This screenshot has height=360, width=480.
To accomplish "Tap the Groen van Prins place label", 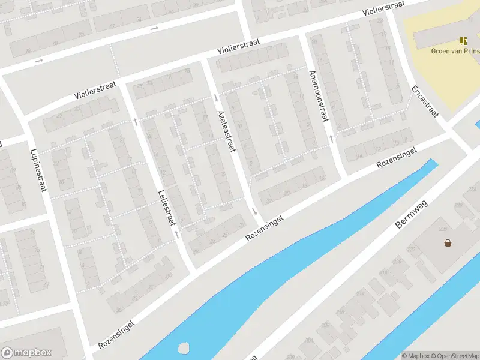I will pyautogui.click(x=455, y=51).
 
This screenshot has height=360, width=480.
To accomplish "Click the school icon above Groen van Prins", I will pyautogui.click(x=463, y=41).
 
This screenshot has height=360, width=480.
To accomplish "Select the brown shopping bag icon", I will pyautogui.click(x=448, y=243).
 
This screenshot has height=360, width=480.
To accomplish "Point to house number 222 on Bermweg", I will pyautogui.click(x=411, y=249).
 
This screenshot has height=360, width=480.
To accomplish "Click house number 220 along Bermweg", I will pyautogui.click(x=397, y=261).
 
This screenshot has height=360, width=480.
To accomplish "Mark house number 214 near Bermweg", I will pyautogui.click(x=360, y=293).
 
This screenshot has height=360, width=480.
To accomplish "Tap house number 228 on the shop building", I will pyautogui.click(x=443, y=229).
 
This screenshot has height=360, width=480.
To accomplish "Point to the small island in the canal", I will pyautogui.click(x=184, y=348).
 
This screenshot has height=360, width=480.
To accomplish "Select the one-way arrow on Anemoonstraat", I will pyautogui.click(x=331, y=139).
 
